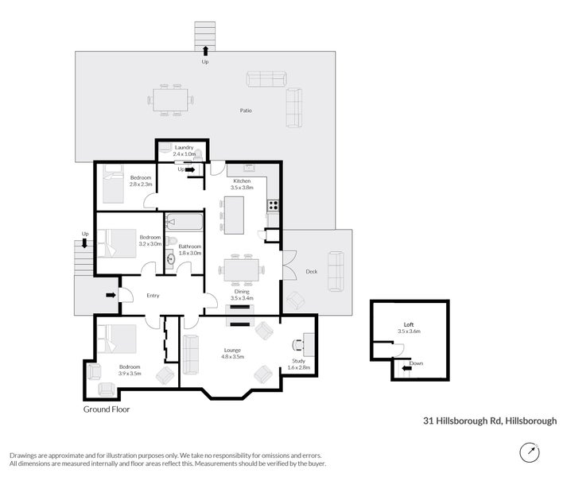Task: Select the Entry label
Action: [x=153, y=296]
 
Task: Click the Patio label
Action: [x=247, y=111]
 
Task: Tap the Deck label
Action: [x=312, y=272]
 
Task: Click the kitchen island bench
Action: [x=234, y=215]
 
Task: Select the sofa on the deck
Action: [x=336, y=270]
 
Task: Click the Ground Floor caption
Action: [x=107, y=410]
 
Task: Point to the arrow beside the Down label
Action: [x=406, y=368]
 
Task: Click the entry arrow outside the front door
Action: [x=109, y=296]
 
